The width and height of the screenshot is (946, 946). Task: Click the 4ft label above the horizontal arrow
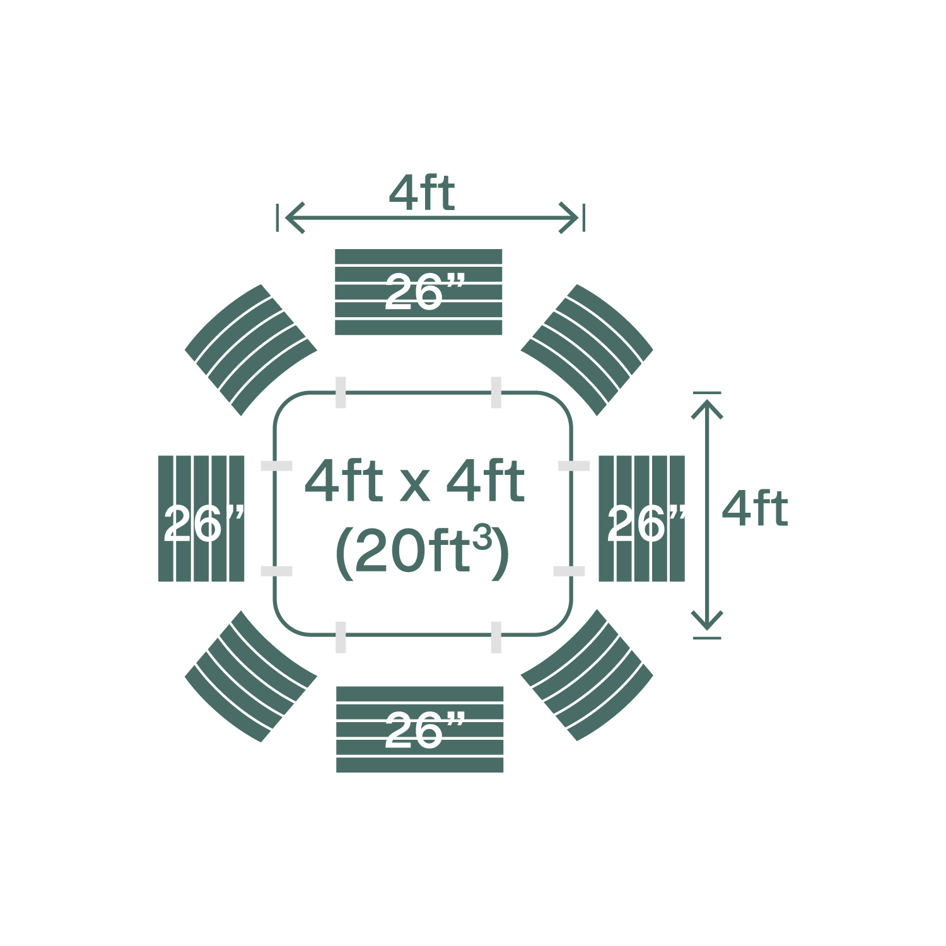pyautogui.click(x=422, y=193)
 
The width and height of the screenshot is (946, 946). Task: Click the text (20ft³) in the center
pyautogui.click(x=421, y=551)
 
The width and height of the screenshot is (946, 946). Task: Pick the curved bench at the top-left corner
pyautogui.click(x=251, y=350)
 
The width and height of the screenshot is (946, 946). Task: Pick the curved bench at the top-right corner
pyautogui.click(x=587, y=350)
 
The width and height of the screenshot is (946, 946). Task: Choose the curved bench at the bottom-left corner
pyautogui.click(x=251, y=676)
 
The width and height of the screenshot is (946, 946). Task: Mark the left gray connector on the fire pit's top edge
pyautogui.click(x=341, y=392)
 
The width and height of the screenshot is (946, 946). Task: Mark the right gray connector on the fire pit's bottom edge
pyautogui.click(x=496, y=637)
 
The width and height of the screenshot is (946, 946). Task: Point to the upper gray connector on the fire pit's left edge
pyautogui.click(x=277, y=466)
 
